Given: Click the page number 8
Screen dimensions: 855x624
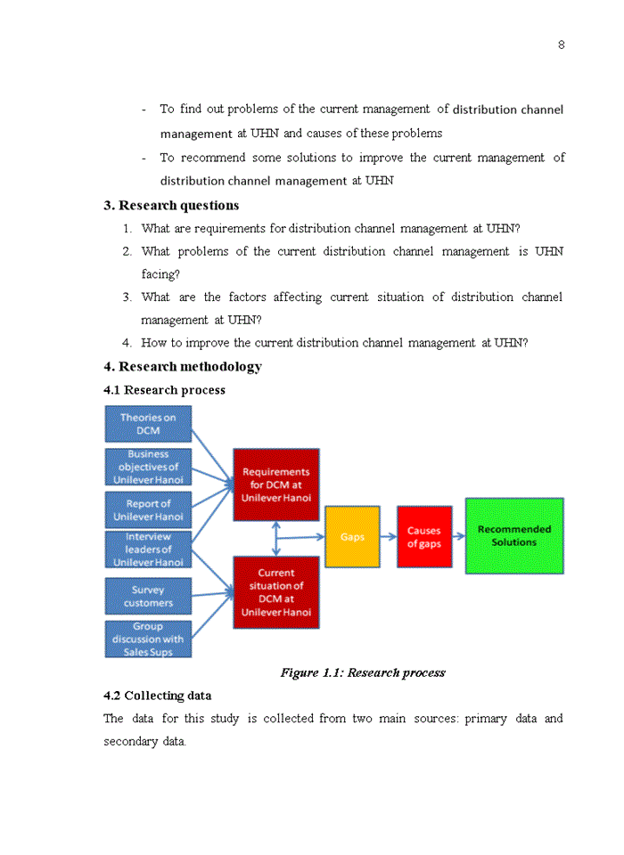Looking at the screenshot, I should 561,45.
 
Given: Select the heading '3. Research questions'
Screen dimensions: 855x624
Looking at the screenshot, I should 171,206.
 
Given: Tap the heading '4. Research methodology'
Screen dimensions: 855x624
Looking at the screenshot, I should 183,367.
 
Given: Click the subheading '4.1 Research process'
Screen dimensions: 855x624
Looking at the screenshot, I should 164,390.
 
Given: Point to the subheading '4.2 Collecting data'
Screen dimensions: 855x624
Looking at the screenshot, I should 157,696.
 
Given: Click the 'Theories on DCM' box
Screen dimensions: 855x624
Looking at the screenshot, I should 148,424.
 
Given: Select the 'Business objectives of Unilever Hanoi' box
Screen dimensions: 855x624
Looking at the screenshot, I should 148,467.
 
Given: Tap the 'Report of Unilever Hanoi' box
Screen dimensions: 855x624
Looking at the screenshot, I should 148,510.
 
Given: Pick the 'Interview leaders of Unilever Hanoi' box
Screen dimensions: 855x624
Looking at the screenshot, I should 148,550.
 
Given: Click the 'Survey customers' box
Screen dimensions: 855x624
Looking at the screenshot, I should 148,596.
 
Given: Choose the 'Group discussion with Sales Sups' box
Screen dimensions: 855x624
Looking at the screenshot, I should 148,639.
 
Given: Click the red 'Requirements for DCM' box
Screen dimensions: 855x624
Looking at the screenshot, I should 275,484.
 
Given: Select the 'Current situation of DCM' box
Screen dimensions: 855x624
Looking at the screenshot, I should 275,592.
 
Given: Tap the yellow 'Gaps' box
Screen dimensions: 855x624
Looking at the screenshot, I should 352,537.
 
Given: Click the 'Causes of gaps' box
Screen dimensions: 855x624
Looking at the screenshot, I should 424,537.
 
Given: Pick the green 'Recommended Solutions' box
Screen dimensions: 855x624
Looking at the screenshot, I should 514,535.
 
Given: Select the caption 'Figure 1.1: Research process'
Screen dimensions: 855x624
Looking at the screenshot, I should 362,672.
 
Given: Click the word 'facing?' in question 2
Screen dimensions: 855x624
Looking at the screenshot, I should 160,274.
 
